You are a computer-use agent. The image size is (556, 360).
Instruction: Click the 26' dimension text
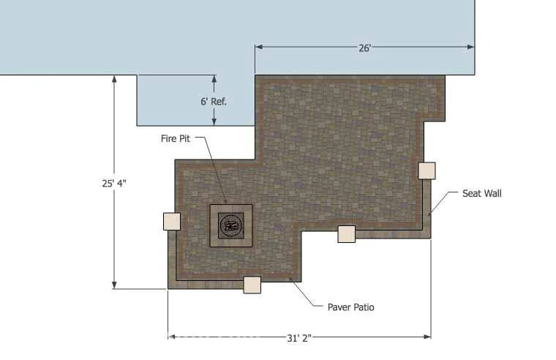click(x=364, y=48)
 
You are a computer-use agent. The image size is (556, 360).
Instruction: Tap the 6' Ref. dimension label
click(x=214, y=102)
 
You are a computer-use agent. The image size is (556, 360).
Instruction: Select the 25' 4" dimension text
click(x=114, y=184)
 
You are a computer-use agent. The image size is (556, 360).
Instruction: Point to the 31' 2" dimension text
click(x=299, y=338)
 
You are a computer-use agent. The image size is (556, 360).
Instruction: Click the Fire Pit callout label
click(x=176, y=138)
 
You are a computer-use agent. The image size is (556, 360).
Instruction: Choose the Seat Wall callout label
click(x=482, y=193)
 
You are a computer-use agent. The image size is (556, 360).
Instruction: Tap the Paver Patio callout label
click(x=350, y=307)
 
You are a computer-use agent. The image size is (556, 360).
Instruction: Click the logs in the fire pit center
click(x=231, y=225)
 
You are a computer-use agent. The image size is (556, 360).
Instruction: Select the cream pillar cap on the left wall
click(x=172, y=221)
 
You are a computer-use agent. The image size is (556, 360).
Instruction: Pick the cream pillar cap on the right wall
click(x=427, y=170)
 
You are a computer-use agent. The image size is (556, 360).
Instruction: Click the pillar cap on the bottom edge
click(x=252, y=285)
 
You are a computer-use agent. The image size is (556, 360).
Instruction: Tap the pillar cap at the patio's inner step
click(x=347, y=234)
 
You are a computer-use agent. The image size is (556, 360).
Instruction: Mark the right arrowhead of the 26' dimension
click(x=471, y=47)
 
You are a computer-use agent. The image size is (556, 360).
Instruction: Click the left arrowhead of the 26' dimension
click(x=259, y=47)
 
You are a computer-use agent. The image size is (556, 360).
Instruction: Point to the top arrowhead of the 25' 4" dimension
click(x=114, y=79)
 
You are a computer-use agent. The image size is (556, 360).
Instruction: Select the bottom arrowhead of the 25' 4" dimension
click(x=114, y=285)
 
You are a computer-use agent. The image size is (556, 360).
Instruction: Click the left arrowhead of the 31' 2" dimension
click(x=172, y=337)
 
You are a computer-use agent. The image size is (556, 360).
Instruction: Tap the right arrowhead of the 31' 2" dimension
click(x=427, y=337)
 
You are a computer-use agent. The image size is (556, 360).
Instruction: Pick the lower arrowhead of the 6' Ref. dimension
click(x=214, y=121)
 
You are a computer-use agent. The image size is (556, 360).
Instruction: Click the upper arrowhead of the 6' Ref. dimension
click(x=214, y=79)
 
